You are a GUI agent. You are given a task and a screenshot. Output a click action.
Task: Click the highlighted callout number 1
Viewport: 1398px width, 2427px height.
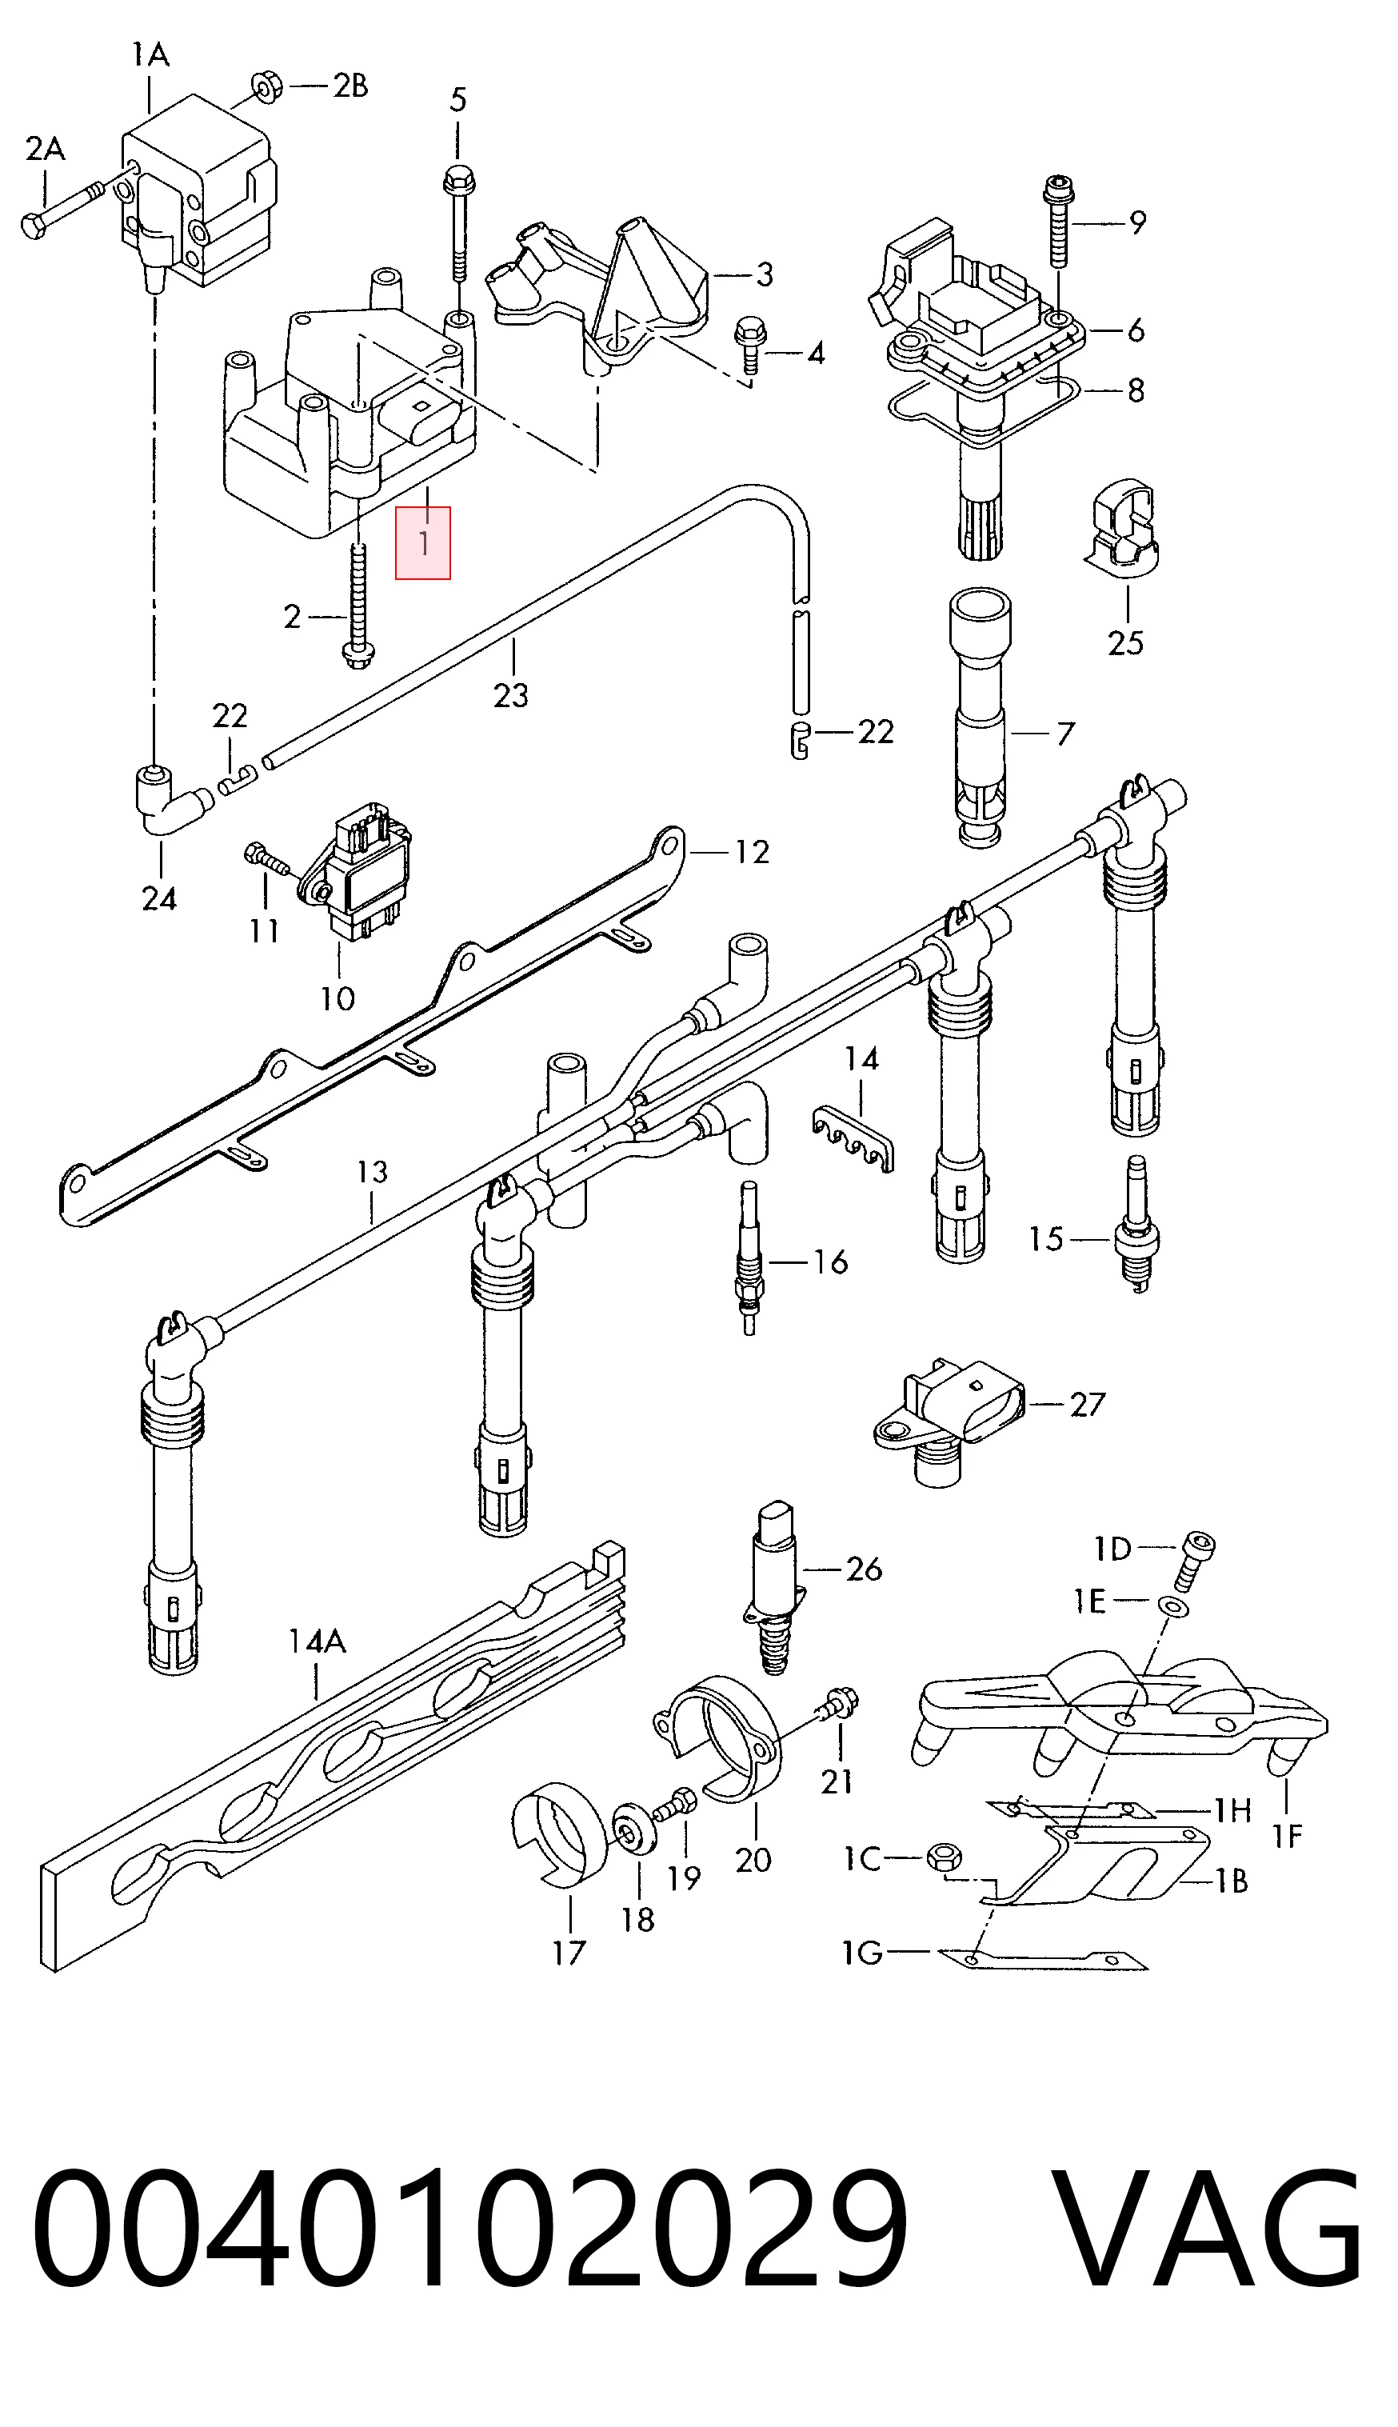pyautogui.click(x=422, y=543)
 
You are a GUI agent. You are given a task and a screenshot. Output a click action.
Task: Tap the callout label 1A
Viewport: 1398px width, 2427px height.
pyautogui.click(x=150, y=54)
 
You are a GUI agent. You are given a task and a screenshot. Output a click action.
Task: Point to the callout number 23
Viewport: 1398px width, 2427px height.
pyautogui.click(x=511, y=694)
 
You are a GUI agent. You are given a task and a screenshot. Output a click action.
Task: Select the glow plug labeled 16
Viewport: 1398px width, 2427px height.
pyautogui.click(x=747, y=1257)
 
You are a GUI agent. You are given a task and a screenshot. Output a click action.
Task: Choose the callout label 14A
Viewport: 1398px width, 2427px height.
pyautogui.click(x=317, y=1641)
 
